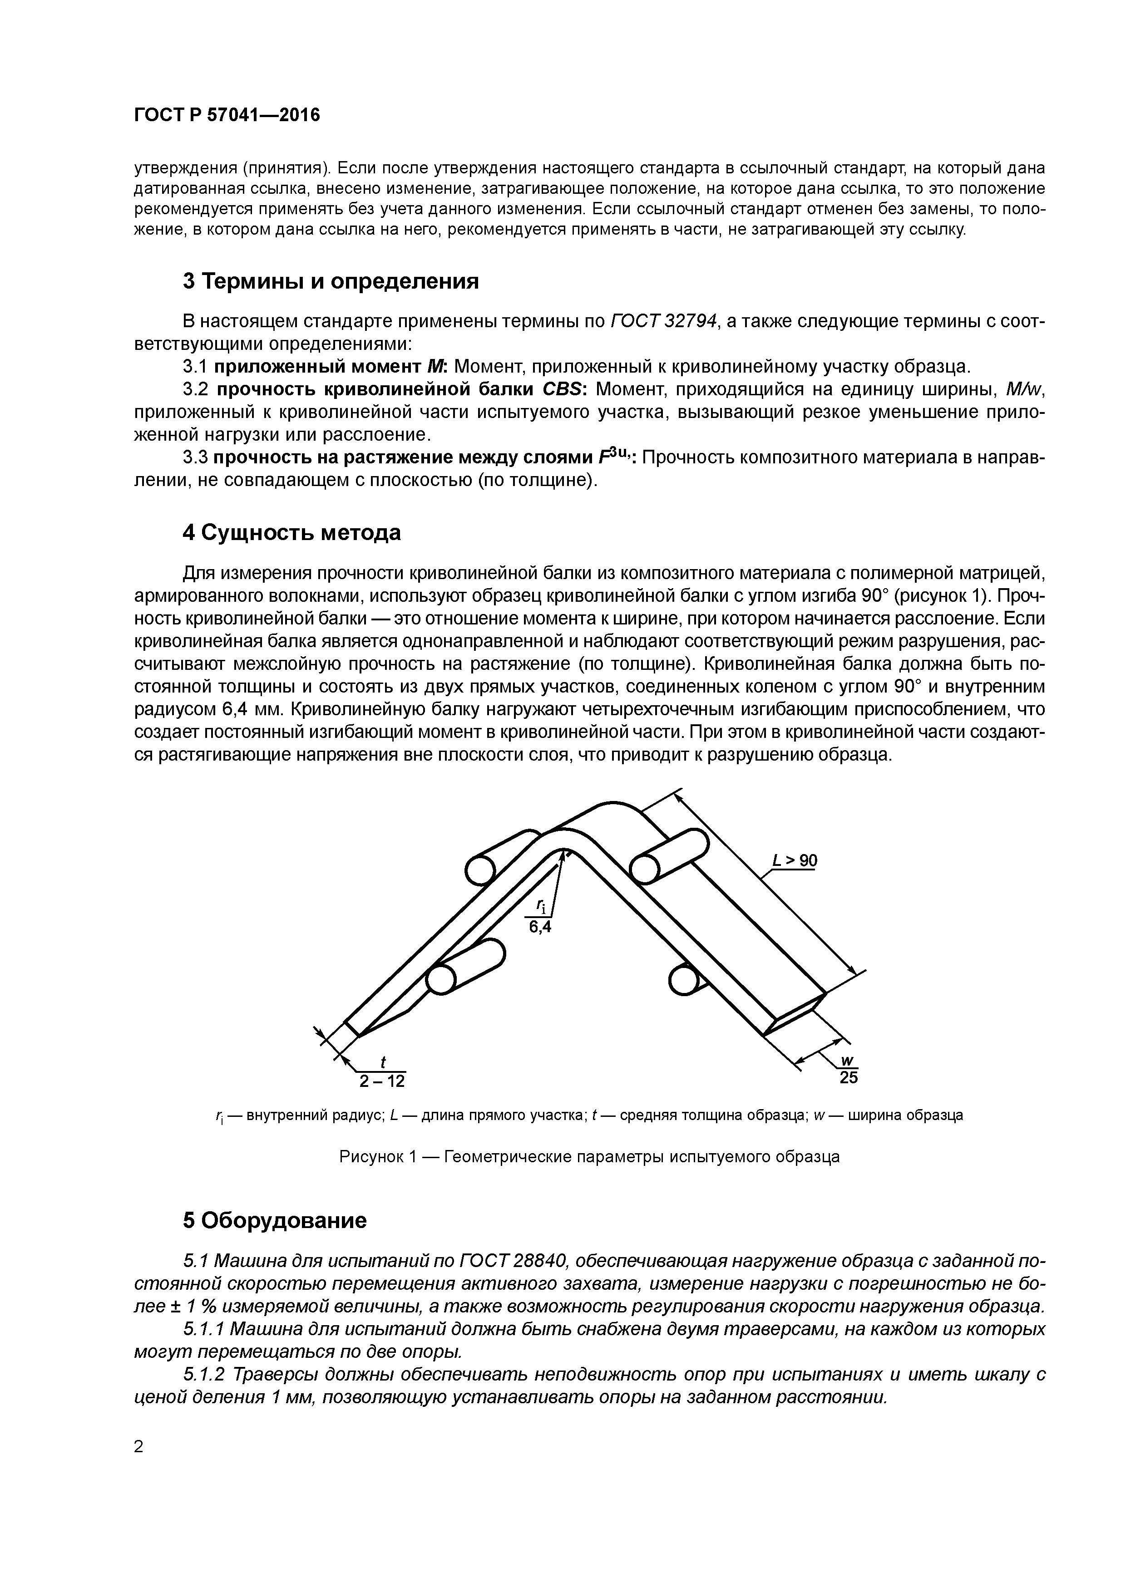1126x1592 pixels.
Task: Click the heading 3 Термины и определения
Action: click(x=331, y=281)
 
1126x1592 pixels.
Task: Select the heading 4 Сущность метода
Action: click(x=292, y=532)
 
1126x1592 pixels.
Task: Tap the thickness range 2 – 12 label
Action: click(x=381, y=1081)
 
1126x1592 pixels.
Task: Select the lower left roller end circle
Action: click(x=440, y=980)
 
